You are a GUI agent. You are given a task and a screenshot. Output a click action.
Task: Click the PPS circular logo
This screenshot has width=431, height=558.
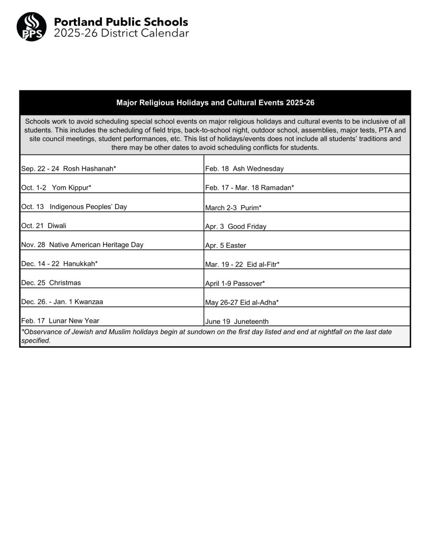point(32,27)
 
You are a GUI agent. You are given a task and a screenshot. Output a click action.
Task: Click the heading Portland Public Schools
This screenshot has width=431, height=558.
point(121,22)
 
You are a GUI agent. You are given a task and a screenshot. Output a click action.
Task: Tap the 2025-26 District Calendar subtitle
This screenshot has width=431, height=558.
point(121,33)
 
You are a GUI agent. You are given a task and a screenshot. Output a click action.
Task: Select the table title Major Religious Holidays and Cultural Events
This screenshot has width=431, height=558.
point(215,103)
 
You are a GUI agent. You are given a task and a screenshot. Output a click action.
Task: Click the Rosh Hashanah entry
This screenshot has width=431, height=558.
point(69,169)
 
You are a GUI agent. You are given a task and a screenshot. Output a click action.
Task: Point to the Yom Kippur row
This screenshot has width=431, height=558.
point(56,187)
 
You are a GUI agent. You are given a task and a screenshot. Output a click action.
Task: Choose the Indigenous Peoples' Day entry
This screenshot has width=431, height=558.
point(74,207)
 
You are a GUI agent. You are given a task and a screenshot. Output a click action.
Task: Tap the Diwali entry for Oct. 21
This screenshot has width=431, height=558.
point(44,226)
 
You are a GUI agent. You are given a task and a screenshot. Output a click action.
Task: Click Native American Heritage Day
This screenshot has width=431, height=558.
point(82,244)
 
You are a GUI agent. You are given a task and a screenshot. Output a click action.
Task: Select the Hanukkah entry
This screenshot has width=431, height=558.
point(60,264)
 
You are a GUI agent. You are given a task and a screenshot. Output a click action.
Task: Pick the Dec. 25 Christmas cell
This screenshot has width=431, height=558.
point(51,283)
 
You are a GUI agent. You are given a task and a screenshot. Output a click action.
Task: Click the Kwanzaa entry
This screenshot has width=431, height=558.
point(62,302)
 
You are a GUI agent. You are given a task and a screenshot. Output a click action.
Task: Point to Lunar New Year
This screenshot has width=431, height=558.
point(60,321)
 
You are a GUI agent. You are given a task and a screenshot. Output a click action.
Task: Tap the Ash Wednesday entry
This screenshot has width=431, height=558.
point(244,169)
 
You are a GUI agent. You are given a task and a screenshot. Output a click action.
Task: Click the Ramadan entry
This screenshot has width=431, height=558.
point(250,187)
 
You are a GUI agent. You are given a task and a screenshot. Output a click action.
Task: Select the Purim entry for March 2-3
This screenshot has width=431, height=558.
point(233,208)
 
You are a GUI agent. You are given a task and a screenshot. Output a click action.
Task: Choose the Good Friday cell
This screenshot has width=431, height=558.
point(236,227)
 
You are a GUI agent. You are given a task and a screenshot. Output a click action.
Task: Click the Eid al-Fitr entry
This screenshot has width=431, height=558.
point(242,264)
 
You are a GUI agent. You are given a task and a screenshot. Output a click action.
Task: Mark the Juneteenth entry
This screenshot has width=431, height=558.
point(237,322)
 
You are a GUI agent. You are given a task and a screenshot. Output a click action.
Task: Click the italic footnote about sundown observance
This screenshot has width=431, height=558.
point(206,336)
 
